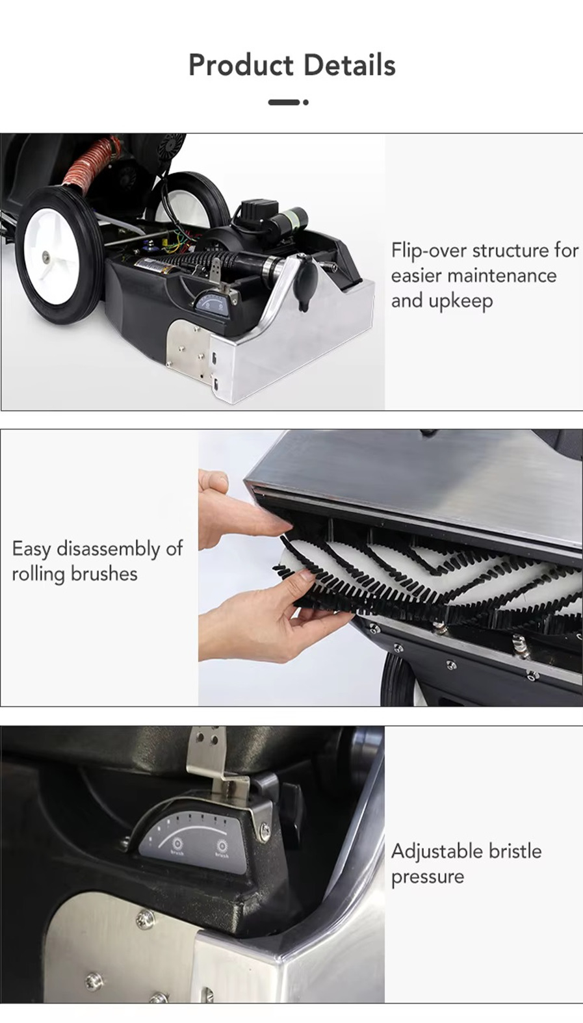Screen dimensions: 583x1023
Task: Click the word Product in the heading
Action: [x=241, y=65]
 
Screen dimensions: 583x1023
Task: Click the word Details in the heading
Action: [x=349, y=65]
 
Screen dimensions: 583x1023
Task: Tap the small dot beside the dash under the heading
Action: [x=305, y=102]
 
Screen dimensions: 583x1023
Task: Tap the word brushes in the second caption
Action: [x=104, y=574]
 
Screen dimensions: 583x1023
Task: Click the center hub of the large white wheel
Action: [x=46, y=257]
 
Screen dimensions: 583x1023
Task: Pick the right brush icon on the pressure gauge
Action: [x=222, y=846]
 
